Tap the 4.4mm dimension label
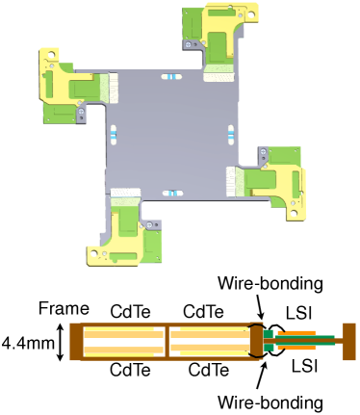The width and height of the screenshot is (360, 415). click(x=23, y=342)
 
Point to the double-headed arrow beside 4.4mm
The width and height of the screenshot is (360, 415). click(x=62, y=343)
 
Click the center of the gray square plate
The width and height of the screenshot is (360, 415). click(x=169, y=134)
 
